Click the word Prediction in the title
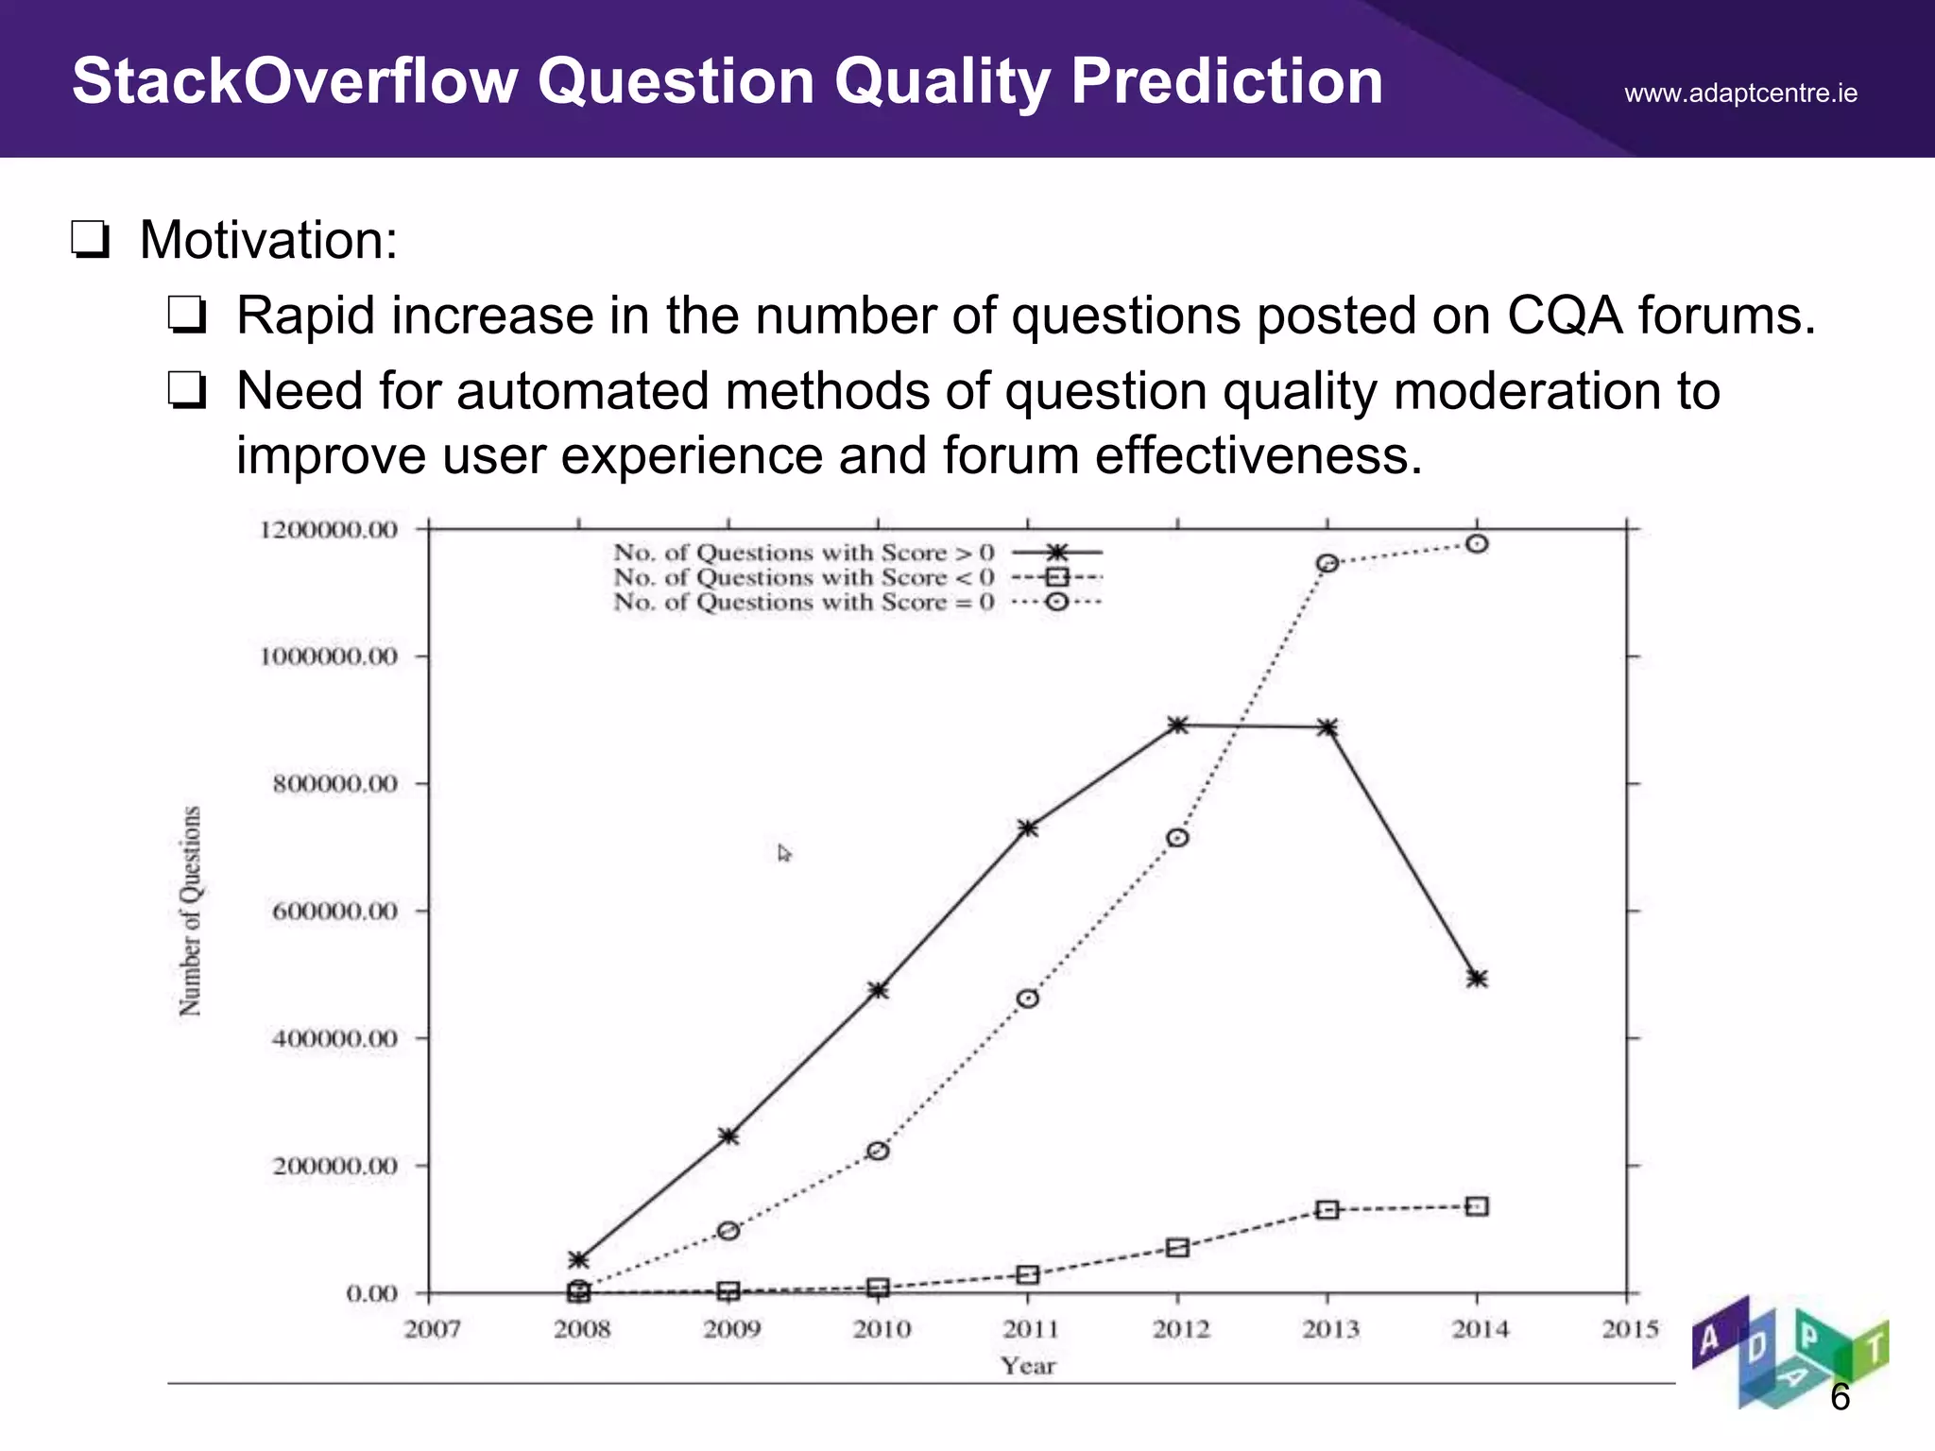pyautogui.click(x=1226, y=81)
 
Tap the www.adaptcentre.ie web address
pyautogui.click(x=1740, y=94)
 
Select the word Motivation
pyautogui.click(x=268, y=240)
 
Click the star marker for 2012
pyautogui.click(x=1177, y=725)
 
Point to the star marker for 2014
pyautogui.click(x=1478, y=979)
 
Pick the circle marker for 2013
pyautogui.click(x=1327, y=563)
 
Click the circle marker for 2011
pyautogui.click(x=1028, y=999)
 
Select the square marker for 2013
pyautogui.click(x=1327, y=1209)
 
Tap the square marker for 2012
pyautogui.click(x=1177, y=1248)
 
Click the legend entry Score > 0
pyautogui.click(x=803, y=553)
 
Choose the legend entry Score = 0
pyautogui.click(x=803, y=603)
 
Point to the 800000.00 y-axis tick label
pyautogui.click(x=334, y=784)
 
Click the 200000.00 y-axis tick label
pyautogui.click(x=334, y=1167)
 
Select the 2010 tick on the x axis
pyautogui.click(x=881, y=1329)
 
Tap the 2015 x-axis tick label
pyautogui.click(x=1630, y=1329)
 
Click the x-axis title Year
pyautogui.click(x=1028, y=1366)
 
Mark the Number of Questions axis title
pyautogui.click(x=190, y=911)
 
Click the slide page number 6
pyautogui.click(x=1839, y=1397)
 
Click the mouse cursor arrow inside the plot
pyautogui.click(x=783, y=853)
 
